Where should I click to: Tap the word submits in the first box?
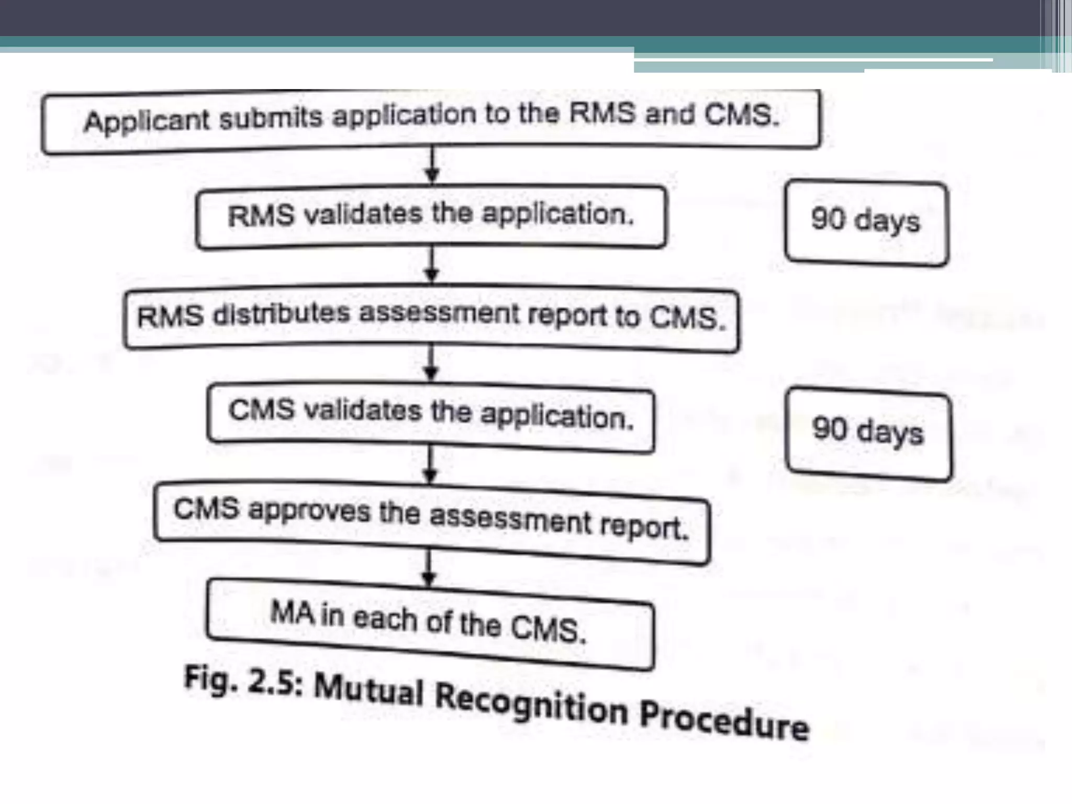[271, 118]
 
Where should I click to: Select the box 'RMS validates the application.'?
[431, 216]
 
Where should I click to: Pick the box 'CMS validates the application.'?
[431, 416]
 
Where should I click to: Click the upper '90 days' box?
[866, 222]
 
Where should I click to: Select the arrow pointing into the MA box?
[429, 568]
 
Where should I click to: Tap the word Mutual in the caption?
[368, 690]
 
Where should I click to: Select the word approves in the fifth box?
[309, 511]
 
